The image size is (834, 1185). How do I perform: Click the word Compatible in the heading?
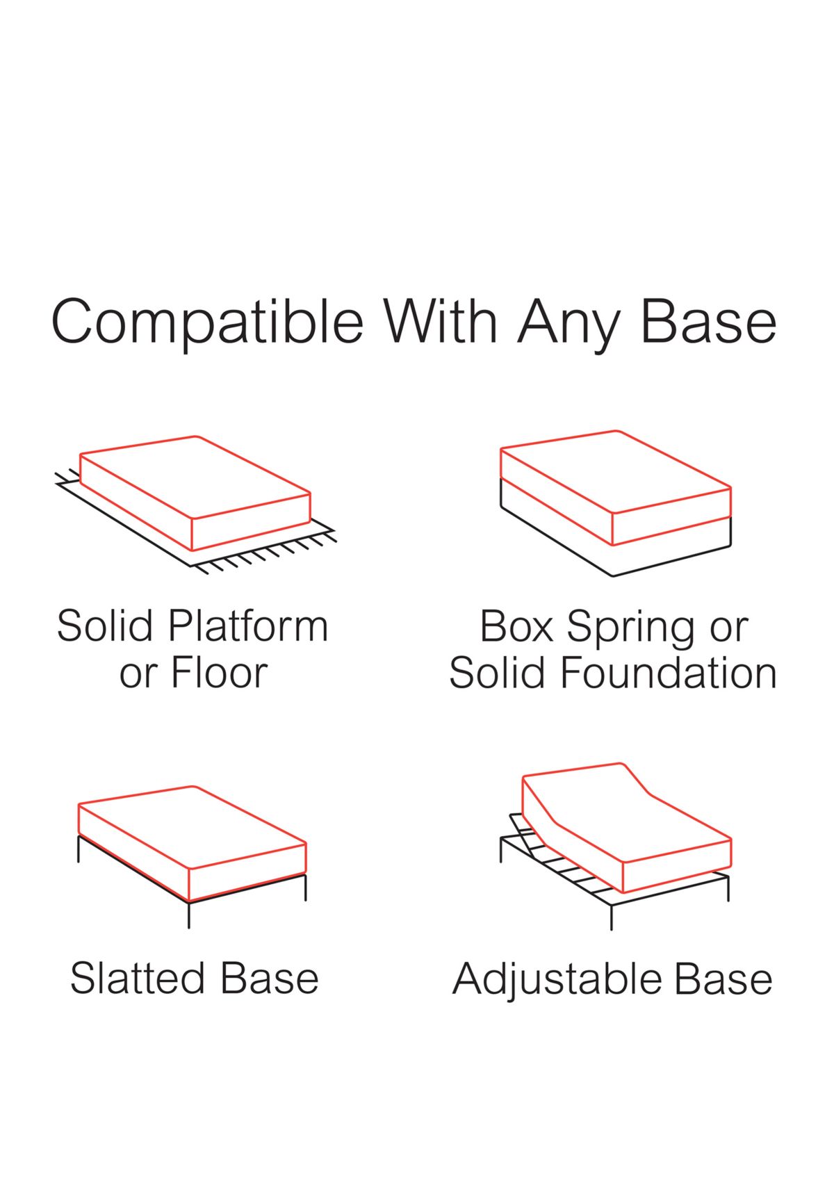click(x=207, y=322)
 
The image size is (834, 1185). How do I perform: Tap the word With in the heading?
click(x=441, y=322)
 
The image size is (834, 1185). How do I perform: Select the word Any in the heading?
click(x=568, y=323)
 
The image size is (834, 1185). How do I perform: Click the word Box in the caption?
click(x=516, y=626)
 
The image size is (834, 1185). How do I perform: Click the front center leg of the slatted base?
click(x=189, y=915)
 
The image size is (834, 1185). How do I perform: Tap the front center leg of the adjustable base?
click(x=612, y=917)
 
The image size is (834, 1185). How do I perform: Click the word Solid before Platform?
click(x=104, y=626)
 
